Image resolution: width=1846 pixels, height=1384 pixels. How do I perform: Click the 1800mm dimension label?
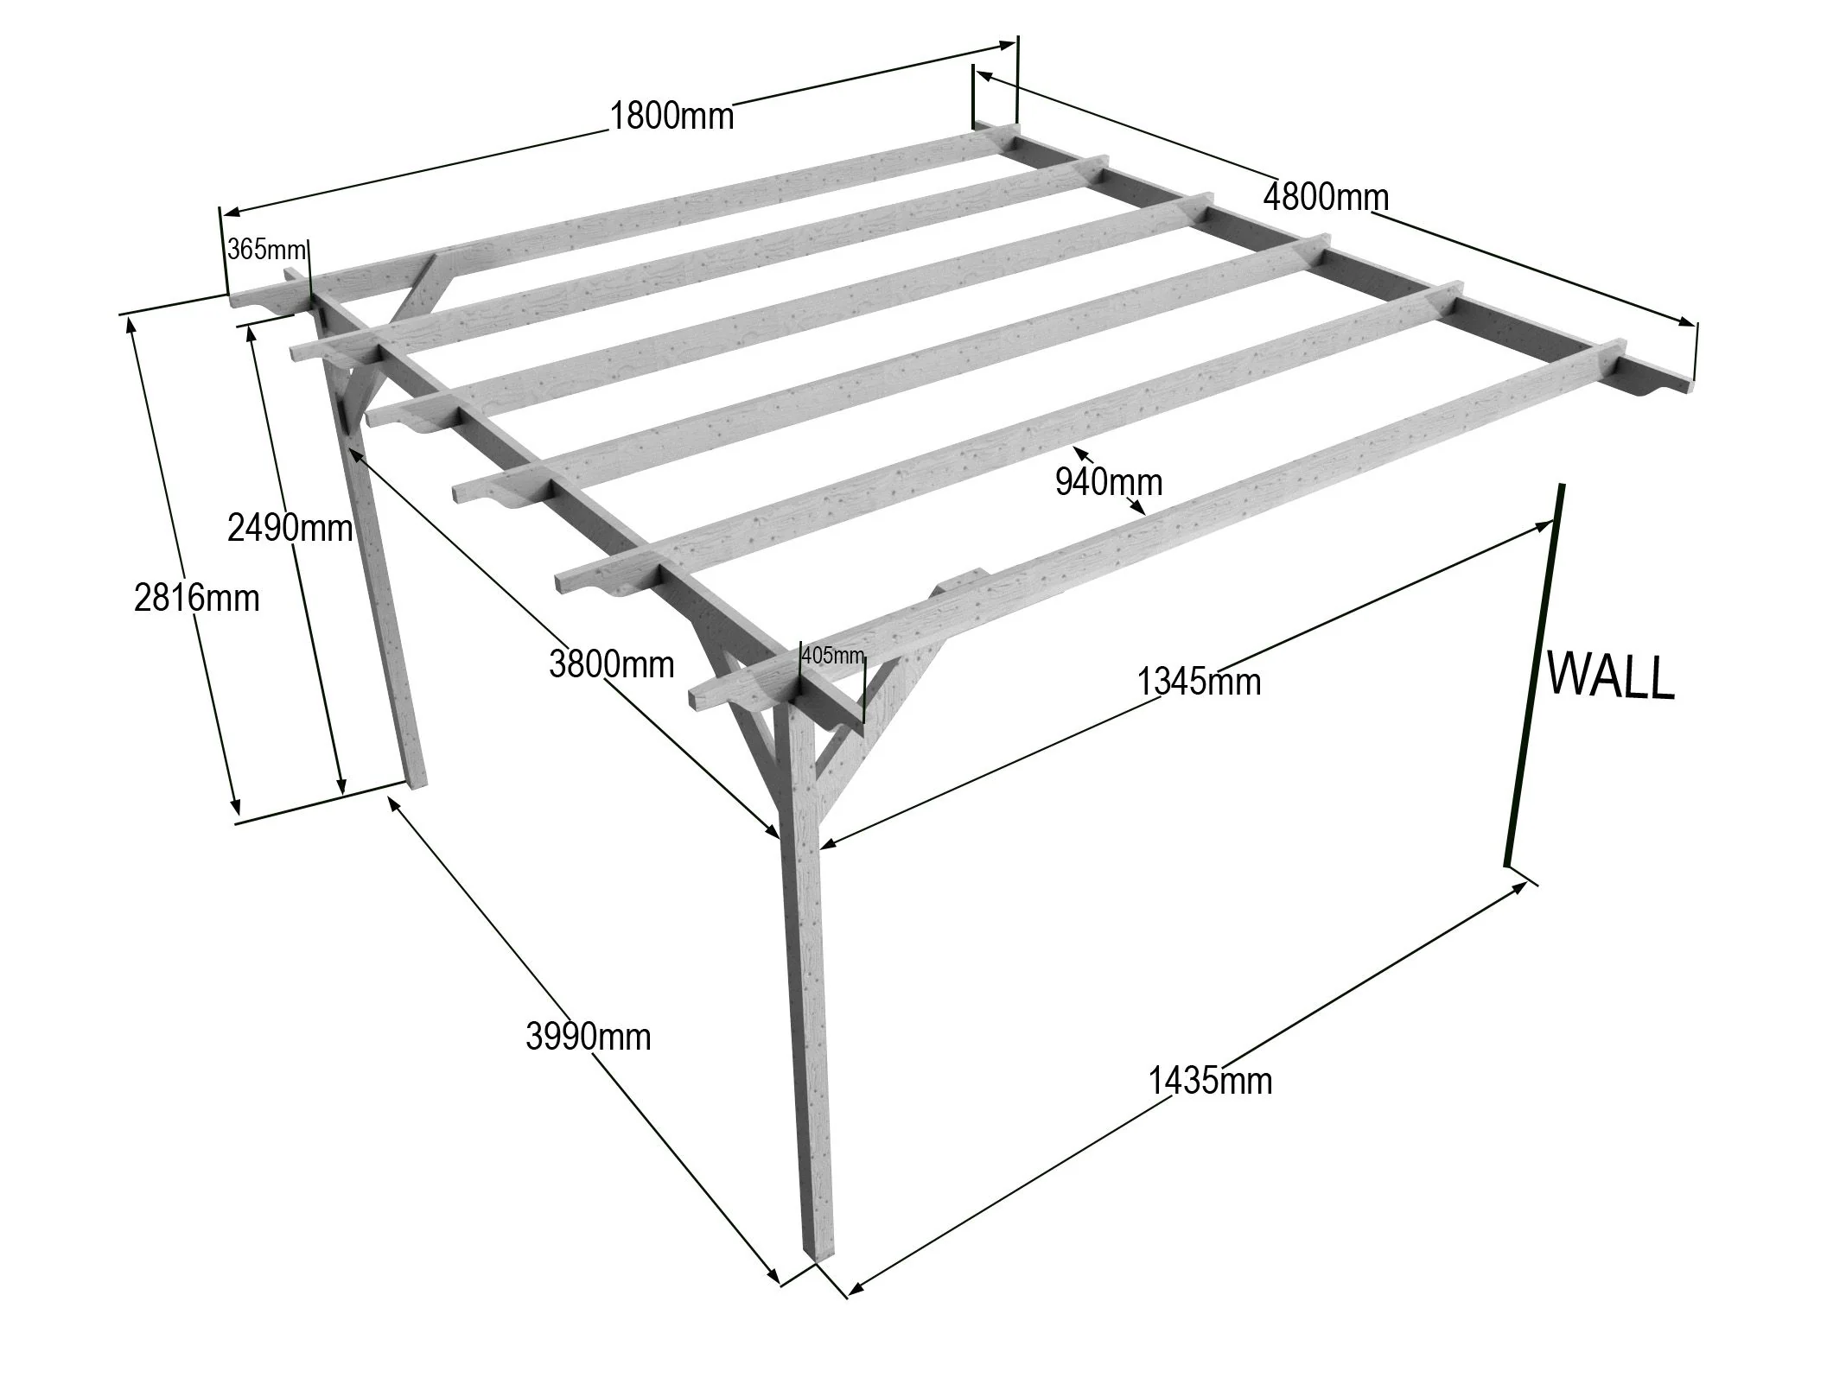(672, 115)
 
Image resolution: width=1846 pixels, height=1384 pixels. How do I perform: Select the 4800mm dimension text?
(1326, 198)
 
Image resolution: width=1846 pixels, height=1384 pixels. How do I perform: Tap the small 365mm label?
(266, 251)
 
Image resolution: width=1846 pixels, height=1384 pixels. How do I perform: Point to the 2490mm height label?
(290, 527)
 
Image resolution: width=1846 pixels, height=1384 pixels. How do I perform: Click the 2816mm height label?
(196, 598)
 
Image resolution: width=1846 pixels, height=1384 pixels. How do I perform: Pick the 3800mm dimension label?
(611, 664)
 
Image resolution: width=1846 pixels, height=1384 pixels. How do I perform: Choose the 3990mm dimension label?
(588, 1036)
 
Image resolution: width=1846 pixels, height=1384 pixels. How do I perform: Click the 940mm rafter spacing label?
(1108, 482)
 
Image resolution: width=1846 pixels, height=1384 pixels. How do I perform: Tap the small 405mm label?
(832, 656)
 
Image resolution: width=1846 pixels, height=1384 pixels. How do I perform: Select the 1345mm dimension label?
(1198, 682)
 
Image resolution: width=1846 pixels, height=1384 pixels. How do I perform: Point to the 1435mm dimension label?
(1209, 1081)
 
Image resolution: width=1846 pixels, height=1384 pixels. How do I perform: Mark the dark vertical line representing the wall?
(1534, 674)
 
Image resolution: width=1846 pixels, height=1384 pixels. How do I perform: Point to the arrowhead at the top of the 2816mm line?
(130, 321)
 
